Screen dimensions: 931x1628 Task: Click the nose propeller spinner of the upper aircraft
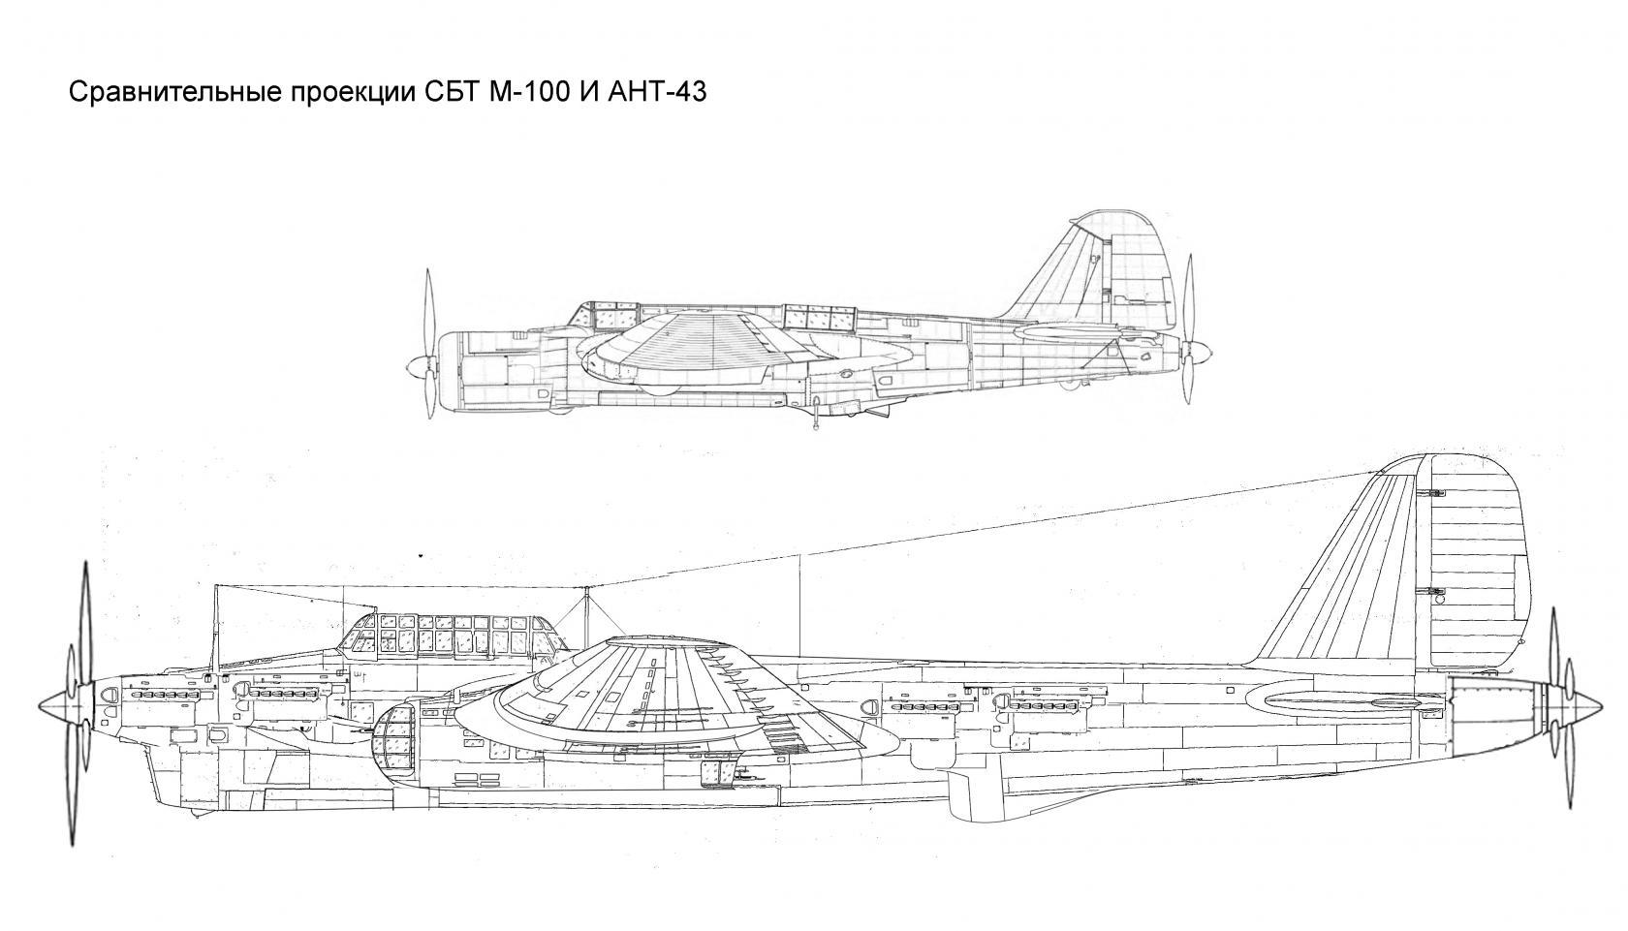(420, 366)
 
